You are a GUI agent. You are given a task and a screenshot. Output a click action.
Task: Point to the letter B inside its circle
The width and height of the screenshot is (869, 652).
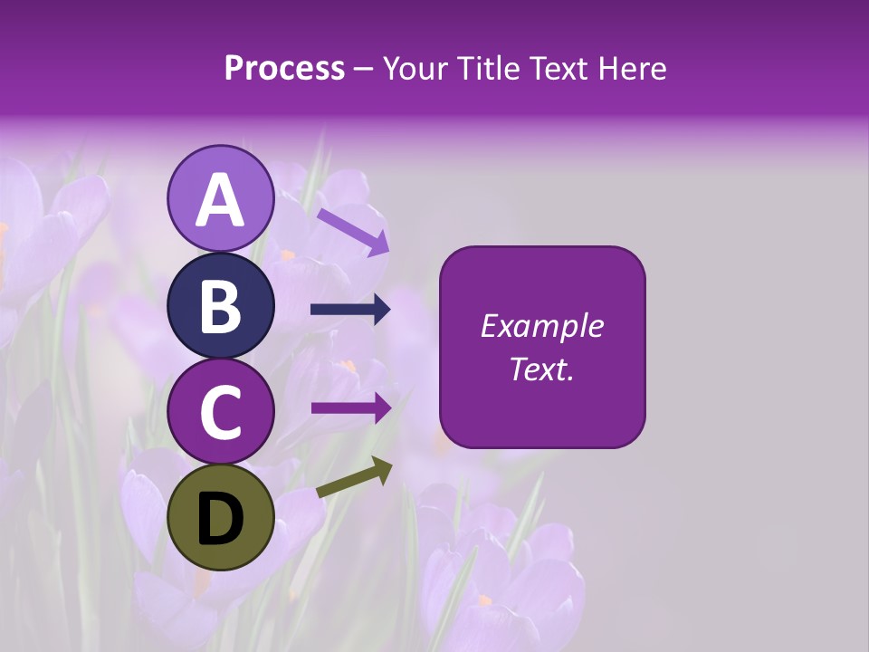(220, 307)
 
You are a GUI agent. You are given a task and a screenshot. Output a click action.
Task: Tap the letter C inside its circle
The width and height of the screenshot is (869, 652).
(220, 413)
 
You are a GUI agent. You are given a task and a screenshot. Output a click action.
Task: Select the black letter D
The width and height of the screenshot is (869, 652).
(220, 519)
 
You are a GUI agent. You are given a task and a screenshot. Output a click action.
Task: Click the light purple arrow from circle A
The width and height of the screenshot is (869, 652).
(352, 232)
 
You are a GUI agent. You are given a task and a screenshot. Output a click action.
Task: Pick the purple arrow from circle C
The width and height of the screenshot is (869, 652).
(350, 407)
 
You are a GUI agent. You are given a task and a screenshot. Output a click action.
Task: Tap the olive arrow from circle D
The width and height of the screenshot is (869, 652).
(354, 477)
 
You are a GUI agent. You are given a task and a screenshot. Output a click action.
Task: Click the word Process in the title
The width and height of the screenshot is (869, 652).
(284, 69)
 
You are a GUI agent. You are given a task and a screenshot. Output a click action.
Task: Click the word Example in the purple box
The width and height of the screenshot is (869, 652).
(541, 326)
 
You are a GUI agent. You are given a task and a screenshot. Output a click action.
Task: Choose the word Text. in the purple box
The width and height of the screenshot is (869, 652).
(541, 369)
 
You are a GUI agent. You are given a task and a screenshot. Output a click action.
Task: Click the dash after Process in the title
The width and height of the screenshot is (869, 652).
(363, 69)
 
